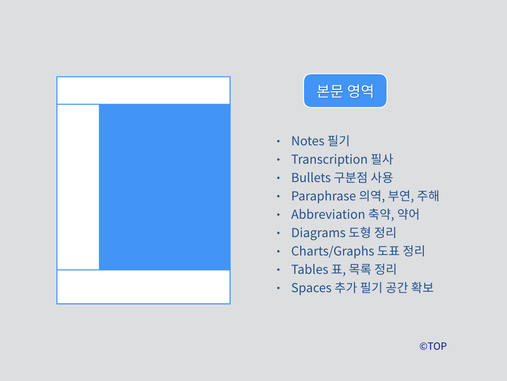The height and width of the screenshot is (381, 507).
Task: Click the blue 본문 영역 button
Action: tap(345, 91)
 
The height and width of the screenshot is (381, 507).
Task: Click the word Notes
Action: tap(307, 141)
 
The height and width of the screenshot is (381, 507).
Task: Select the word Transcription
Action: tap(329, 159)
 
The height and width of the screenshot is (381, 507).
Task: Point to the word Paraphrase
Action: tap(323, 196)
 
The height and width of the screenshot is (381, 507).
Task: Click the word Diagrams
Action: tap(318, 233)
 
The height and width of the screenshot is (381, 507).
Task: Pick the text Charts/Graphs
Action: tap(332, 251)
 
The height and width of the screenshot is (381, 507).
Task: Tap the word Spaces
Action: tap(311, 288)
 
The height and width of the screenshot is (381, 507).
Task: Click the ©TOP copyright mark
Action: tap(433, 346)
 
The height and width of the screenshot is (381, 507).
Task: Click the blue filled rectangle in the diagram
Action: tap(164, 187)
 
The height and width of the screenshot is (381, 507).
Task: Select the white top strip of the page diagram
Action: tap(144, 90)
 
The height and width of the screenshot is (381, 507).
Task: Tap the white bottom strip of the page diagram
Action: tap(144, 287)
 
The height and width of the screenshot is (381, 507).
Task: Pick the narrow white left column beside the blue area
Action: tap(78, 187)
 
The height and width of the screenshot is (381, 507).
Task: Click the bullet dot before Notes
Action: tap(278, 141)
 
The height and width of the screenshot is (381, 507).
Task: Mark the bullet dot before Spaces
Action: tap(278, 288)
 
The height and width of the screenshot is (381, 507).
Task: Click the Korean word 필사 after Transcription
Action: tap(382, 159)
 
